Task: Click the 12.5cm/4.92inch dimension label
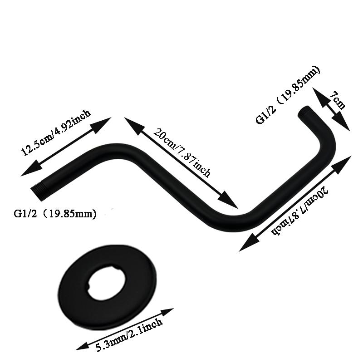pos(56,132)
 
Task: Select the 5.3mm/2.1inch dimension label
pos(129,335)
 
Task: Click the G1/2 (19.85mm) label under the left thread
pos(55,213)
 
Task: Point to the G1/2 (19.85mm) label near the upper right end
pos(288,95)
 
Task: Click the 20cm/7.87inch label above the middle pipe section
pos(182,152)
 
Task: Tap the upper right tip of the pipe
pos(304,111)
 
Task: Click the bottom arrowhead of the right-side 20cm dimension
pos(248,243)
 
